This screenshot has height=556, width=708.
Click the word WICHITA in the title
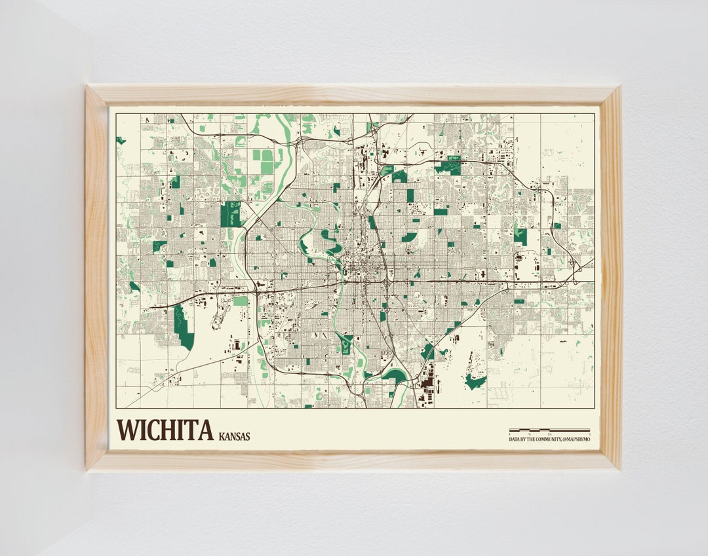pyautogui.click(x=165, y=430)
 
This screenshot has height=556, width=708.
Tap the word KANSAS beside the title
pyautogui.click(x=235, y=436)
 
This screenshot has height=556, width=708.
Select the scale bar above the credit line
pyautogui.click(x=549, y=431)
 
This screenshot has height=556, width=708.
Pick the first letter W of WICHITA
pyautogui.click(x=126, y=430)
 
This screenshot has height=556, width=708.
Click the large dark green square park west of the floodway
pyautogui.click(x=230, y=214)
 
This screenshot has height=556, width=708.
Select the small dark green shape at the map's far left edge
pyautogui.click(x=120, y=140)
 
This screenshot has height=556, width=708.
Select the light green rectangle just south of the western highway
pyautogui.click(x=241, y=301)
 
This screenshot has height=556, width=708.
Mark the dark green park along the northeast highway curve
pyautogui.click(x=449, y=166)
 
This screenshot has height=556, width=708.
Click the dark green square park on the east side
pyautogui.click(x=521, y=236)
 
